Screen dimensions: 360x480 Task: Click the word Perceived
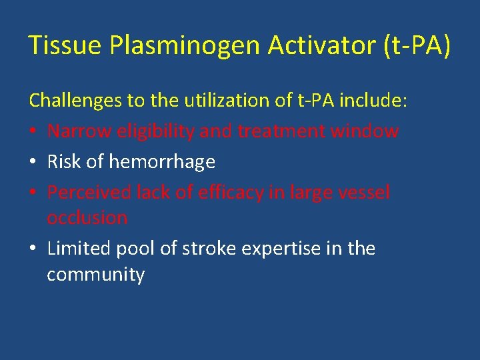89,193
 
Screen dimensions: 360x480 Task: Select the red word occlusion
87,218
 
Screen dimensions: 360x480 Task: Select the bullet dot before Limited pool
33,249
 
